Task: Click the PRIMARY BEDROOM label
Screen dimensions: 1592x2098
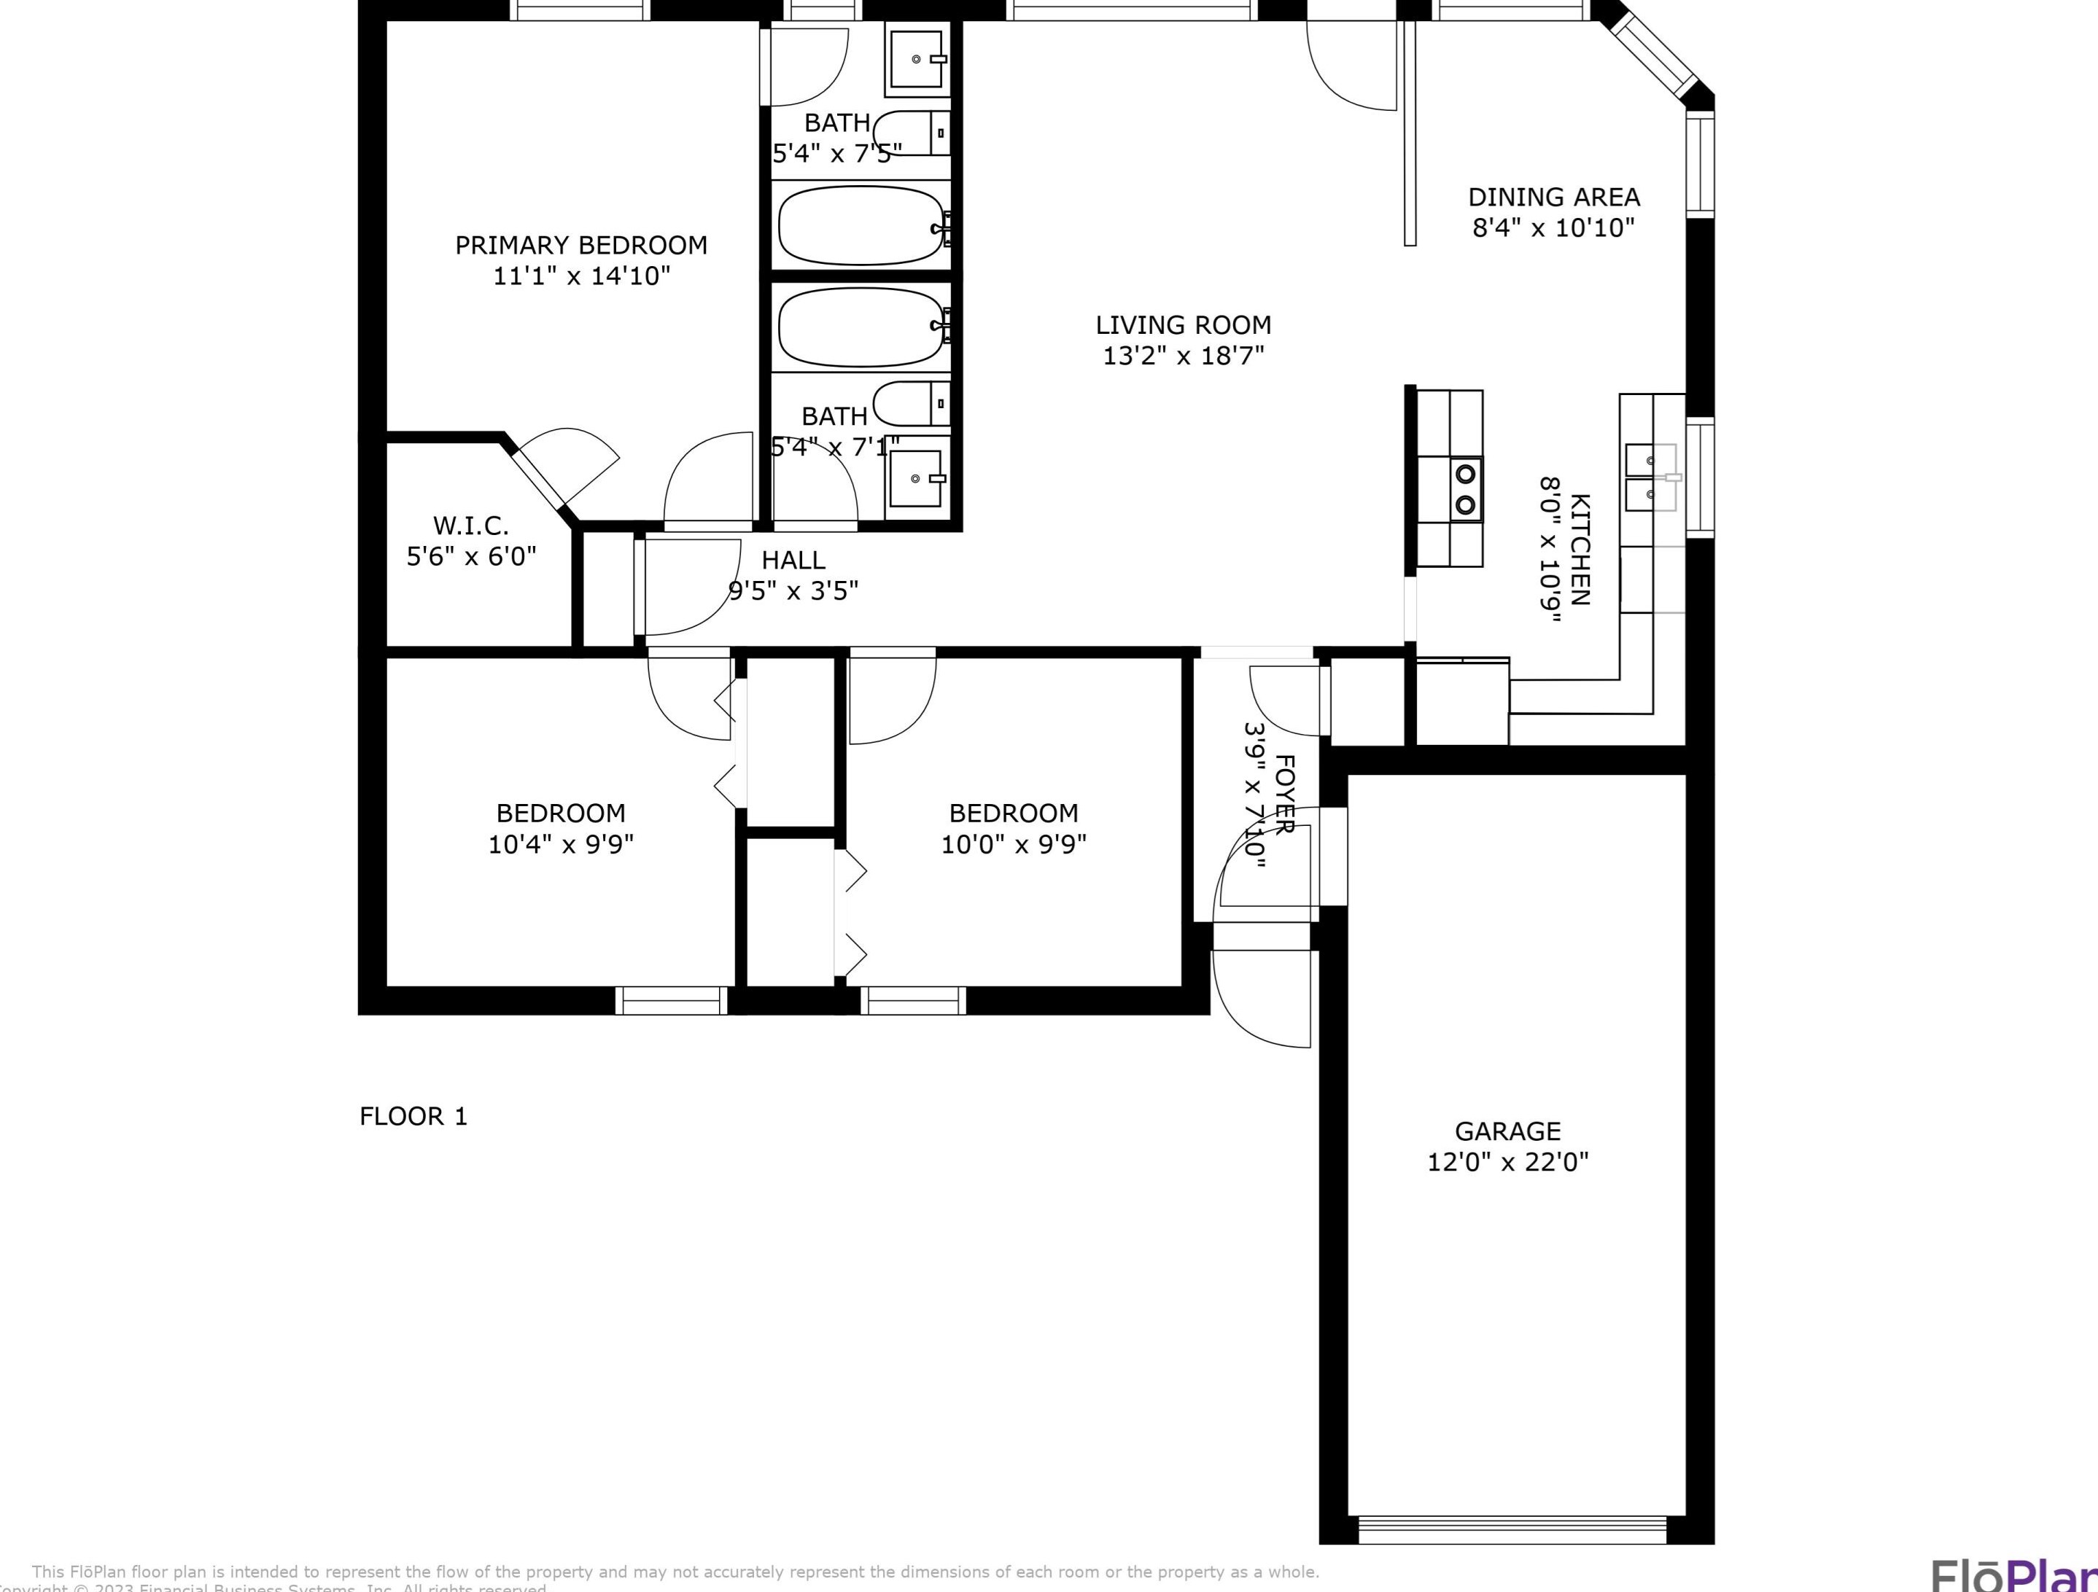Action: point(580,246)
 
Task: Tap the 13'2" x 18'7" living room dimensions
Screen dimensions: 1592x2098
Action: point(1183,356)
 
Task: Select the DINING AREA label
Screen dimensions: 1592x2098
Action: point(1553,198)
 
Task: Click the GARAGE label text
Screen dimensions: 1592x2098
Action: point(1507,1131)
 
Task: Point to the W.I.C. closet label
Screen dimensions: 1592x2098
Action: point(470,526)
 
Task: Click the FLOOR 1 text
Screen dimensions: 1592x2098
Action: point(413,1116)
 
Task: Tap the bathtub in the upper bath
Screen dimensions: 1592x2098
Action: point(861,226)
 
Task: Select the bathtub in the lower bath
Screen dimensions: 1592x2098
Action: point(861,326)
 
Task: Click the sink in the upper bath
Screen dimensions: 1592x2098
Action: point(917,59)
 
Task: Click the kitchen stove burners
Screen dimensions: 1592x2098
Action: point(1465,488)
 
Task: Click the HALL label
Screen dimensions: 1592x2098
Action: point(793,561)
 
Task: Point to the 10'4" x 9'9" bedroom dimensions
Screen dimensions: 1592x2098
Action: point(561,844)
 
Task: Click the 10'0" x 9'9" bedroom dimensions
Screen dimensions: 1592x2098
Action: point(1013,844)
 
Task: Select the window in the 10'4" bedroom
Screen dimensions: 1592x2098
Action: point(671,1000)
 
